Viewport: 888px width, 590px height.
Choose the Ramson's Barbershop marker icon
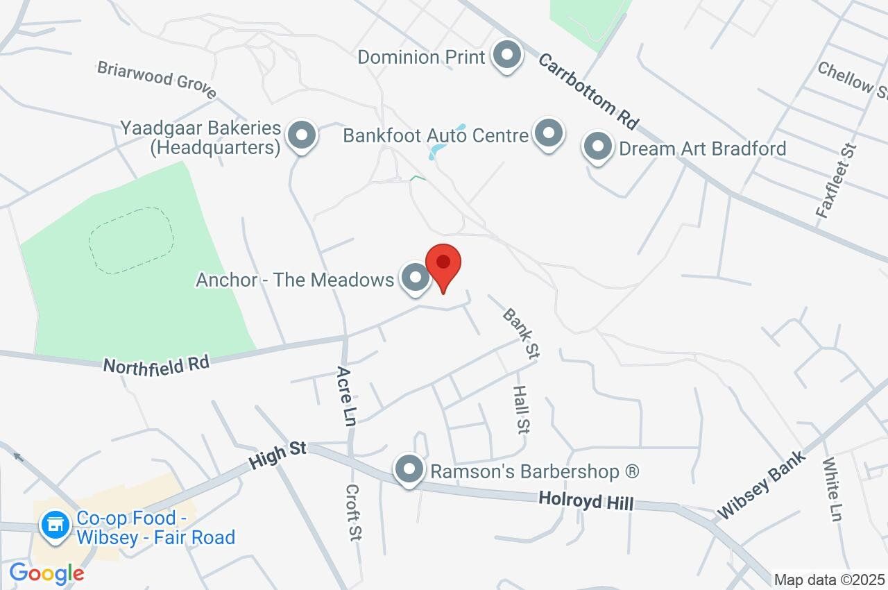tap(409, 471)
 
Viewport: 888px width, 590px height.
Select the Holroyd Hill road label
tap(586, 500)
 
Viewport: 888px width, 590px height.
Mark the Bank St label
tap(520, 334)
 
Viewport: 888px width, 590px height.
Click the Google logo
tap(46, 574)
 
